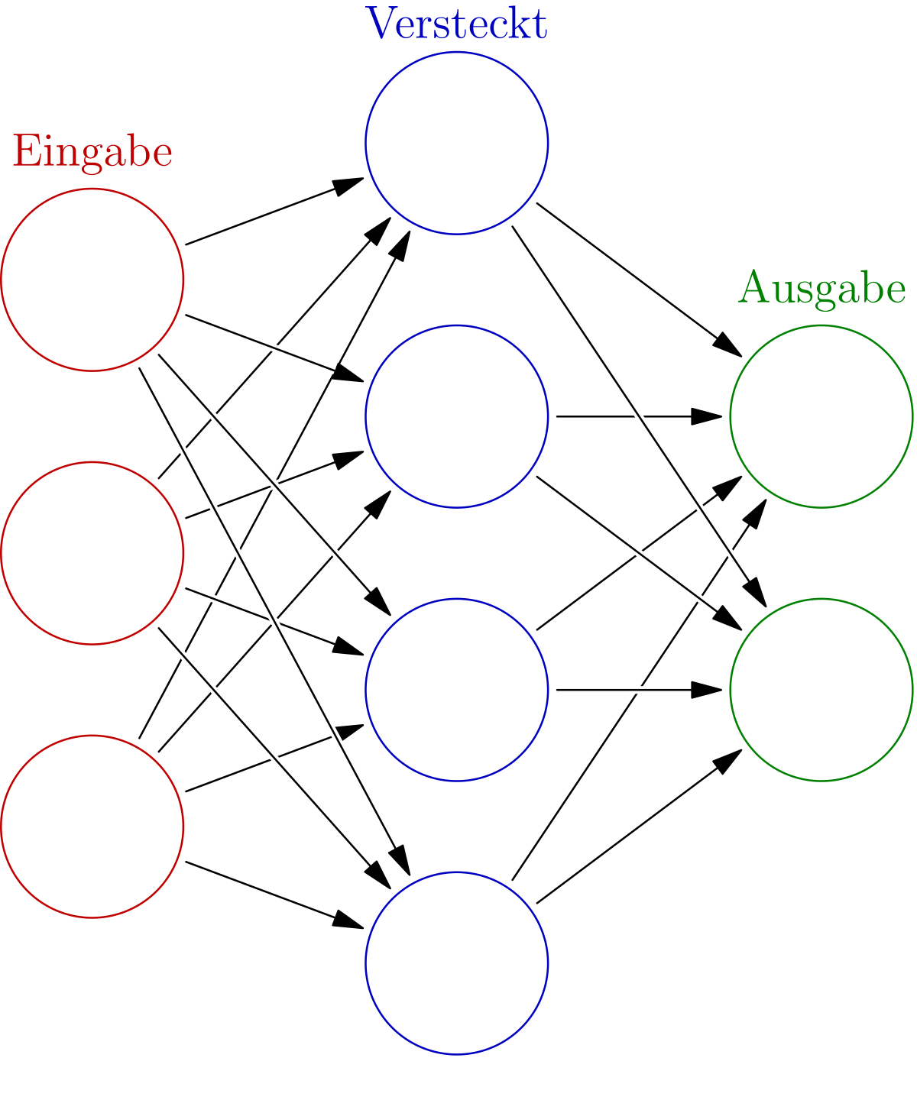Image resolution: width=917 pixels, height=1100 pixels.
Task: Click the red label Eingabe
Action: (x=92, y=152)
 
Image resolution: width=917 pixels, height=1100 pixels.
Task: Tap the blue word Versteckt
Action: (x=457, y=24)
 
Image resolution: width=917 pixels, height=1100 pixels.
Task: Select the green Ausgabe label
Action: (x=821, y=290)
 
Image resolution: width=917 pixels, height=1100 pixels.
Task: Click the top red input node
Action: (x=92, y=280)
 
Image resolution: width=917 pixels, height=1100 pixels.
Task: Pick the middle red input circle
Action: (x=92, y=553)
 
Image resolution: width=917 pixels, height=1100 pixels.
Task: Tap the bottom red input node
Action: (x=92, y=827)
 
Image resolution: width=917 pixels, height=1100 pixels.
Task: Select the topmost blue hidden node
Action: (x=457, y=143)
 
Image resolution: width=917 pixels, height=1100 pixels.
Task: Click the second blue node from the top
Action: (x=457, y=416)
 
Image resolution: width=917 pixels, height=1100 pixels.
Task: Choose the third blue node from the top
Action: (x=457, y=690)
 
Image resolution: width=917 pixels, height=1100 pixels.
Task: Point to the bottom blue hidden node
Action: (x=457, y=963)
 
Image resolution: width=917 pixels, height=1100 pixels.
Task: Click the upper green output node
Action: (x=821, y=416)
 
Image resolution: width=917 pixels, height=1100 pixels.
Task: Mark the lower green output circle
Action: (x=821, y=690)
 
